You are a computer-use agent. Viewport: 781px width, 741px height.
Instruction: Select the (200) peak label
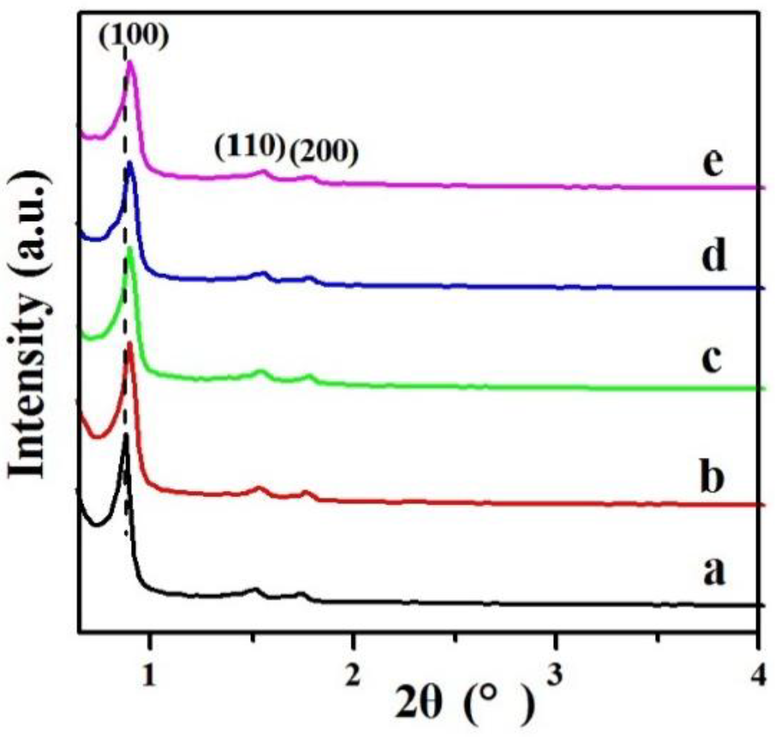point(323,152)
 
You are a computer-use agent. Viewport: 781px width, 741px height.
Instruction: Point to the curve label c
point(711,359)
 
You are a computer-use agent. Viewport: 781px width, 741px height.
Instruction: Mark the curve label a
point(713,573)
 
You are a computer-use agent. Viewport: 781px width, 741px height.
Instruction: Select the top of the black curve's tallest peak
point(126,437)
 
